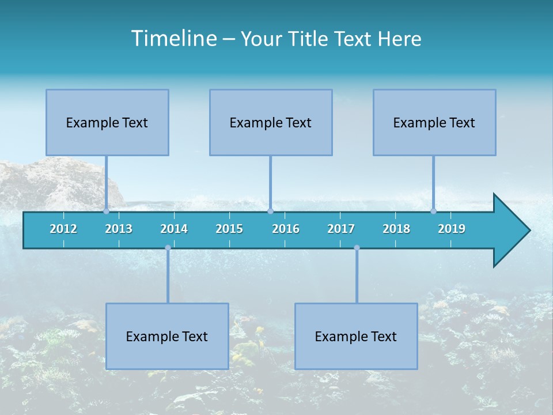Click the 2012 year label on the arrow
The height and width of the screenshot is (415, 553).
tap(63, 229)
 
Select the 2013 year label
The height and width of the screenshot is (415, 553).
tap(119, 229)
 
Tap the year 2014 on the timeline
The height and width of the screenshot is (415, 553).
tap(174, 229)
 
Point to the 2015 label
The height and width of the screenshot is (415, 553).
tap(229, 229)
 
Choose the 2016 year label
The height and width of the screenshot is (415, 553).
tap(286, 229)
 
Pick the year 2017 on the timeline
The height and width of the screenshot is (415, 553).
tap(341, 229)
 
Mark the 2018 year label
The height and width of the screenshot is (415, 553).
tap(396, 229)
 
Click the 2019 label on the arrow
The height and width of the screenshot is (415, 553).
tap(452, 229)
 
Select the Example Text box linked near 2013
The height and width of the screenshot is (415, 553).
tap(107, 122)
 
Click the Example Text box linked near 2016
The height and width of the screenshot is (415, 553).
tap(271, 122)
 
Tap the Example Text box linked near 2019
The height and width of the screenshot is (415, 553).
tap(434, 122)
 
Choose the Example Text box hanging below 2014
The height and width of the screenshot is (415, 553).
tap(167, 336)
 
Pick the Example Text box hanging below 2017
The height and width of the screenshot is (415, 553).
tap(356, 336)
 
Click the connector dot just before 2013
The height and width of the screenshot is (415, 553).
tap(107, 211)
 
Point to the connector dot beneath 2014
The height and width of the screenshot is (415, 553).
tap(168, 248)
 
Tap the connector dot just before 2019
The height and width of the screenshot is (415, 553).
tap(434, 211)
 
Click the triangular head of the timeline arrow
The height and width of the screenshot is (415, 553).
tap(510, 231)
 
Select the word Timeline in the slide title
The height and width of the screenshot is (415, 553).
tap(174, 39)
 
